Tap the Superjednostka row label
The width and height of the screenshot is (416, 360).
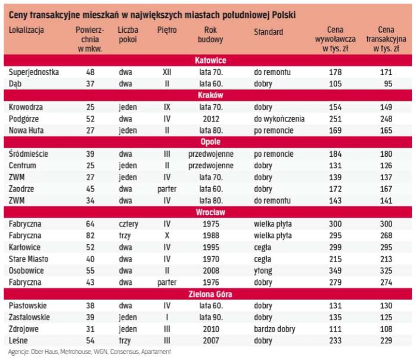[34, 72]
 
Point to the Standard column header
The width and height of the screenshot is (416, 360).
[269, 32]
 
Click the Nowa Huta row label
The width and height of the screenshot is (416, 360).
[28, 130]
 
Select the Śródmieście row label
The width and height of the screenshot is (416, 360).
[28, 154]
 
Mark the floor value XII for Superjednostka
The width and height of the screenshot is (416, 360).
[167, 72]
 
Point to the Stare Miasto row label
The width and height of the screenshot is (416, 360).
[29, 259]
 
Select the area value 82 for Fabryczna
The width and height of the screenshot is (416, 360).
[90, 235]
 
